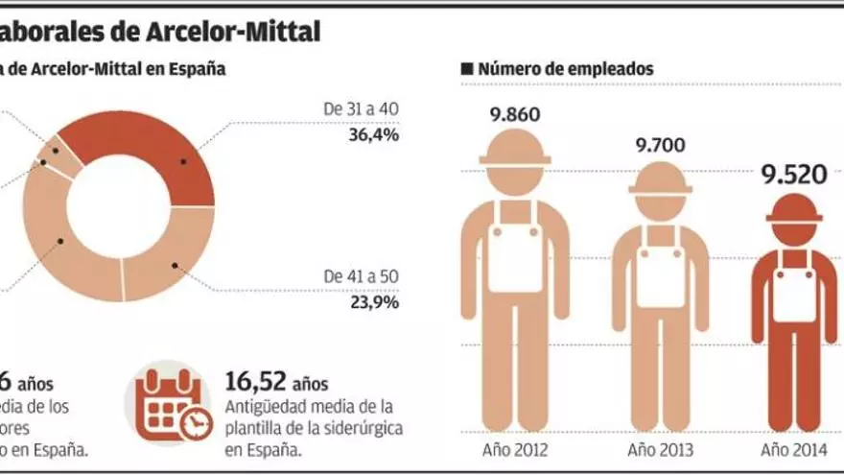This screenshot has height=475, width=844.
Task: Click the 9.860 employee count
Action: click(x=515, y=115)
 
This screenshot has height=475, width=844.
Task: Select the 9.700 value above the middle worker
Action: click(x=660, y=146)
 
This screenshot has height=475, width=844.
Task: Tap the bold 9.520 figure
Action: click(x=793, y=176)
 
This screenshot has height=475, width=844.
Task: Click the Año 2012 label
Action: click(x=515, y=449)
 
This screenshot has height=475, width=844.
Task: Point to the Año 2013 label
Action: click(x=660, y=449)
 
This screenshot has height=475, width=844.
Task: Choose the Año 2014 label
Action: click(x=793, y=449)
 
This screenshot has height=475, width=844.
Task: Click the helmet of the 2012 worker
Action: click(x=515, y=149)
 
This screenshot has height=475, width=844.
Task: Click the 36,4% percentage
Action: click(x=374, y=134)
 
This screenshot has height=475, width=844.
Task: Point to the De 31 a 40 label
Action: click(x=362, y=109)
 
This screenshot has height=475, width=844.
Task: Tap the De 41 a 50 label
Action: click(x=362, y=275)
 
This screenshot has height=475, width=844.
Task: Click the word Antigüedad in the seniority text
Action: click(x=265, y=407)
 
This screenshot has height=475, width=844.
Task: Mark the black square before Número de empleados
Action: click(x=467, y=69)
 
